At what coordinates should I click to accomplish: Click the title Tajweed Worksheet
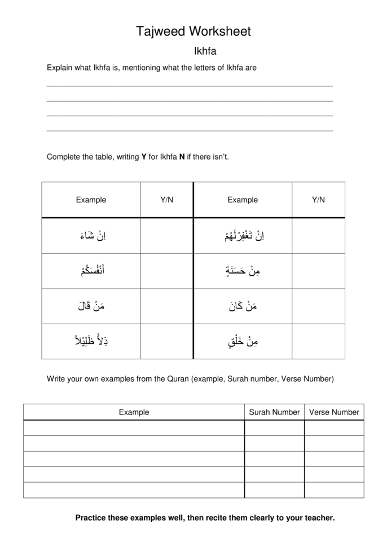click(x=194, y=32)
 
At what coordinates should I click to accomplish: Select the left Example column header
click(x=91, y=200)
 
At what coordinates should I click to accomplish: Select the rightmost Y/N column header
click(x=318, y=200)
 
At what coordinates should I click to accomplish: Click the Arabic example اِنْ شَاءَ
click(x=93, y=235)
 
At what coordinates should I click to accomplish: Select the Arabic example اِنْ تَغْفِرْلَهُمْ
click(x=243, y=235)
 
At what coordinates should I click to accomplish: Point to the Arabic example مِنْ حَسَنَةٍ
click(x=243, y=271)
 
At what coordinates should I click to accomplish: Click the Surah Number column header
click(x=274, y=412)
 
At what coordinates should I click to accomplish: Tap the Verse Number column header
click(x=334, y=412)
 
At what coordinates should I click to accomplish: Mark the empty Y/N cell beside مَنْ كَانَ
click(x=318, y=306)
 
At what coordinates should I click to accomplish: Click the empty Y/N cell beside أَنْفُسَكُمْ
click(x=166, y=271)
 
